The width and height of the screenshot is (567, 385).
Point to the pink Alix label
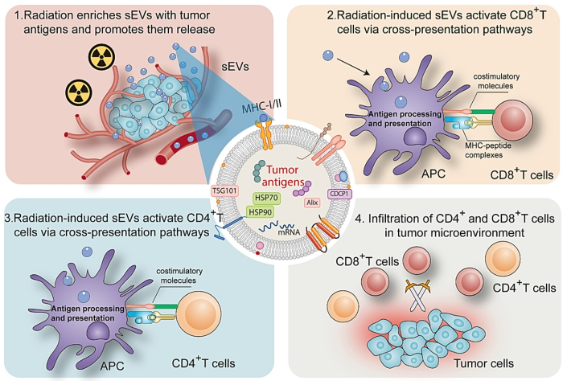point(313,203)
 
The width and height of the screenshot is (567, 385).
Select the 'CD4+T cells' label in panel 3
point(202,362)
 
